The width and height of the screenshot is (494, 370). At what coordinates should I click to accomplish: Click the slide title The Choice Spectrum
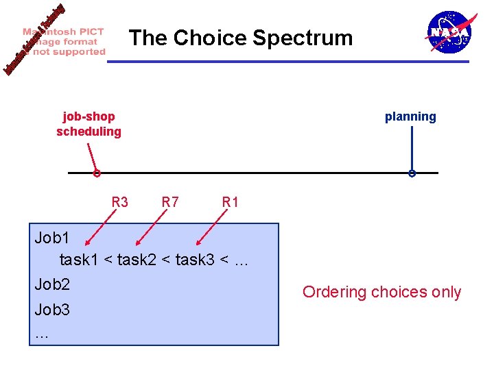pyautogui.click(x=241, y=38)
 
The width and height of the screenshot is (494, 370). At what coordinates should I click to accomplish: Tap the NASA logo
pyautogui.click(x=449, y=32)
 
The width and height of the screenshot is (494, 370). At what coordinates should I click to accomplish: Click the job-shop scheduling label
pyautogui.click(x=89, y=124)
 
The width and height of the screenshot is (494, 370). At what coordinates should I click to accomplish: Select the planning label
pyautogui.click(x=410, y=116)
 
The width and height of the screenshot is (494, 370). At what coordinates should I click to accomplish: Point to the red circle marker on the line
pyautogui.click(x=97, y=174)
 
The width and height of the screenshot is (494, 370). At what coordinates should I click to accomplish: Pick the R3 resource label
pyautogui.click(x=119, y=202)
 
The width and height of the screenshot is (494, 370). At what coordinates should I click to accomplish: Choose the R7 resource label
pyautogui.click(x=170, y=202)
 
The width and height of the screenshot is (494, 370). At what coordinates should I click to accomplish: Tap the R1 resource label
pyautogui.click(x=231, y=202)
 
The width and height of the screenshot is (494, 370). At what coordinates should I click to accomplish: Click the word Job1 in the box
pyautogui.click(x=53, y=238)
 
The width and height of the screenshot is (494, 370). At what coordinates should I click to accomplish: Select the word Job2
pyautogui.click(x=53, y=284)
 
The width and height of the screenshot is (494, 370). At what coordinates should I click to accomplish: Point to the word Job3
pyautogui.click(x=53, y=310)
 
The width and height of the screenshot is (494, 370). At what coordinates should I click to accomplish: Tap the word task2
pyautogui.click(x=137, y=260)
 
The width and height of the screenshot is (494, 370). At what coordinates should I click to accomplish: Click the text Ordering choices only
pyautogui.click(x=381, y=292)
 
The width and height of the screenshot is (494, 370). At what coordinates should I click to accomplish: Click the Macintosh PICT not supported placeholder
pyautogui.click(x=63, y=41)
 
